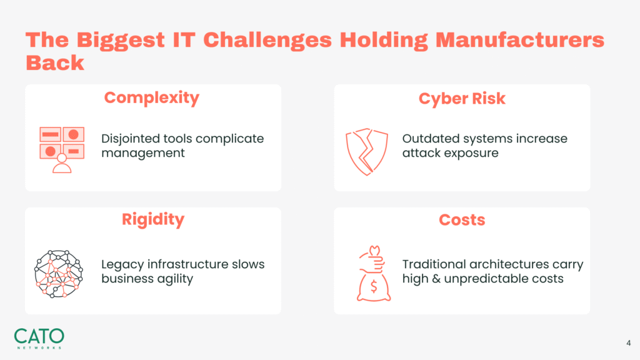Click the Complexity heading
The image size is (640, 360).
(152, 98)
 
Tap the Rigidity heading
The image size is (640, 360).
(153, 220)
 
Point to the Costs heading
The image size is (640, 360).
(462, 220)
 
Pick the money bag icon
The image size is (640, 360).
(374, 274)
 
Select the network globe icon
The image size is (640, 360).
(58, 274)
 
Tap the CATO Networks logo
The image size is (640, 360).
(39, 338)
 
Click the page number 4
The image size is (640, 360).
(629, 343)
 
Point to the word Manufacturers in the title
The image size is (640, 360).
(519, 41)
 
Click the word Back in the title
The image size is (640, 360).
(55, 63)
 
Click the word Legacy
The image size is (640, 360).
(122, 265)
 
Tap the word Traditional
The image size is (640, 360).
(435, 264)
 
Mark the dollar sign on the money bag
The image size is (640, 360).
(374, 287)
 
